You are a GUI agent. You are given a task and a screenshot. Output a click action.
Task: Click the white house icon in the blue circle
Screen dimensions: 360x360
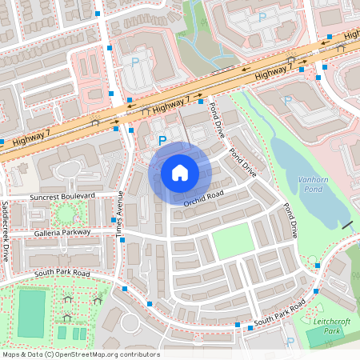coord(180,172)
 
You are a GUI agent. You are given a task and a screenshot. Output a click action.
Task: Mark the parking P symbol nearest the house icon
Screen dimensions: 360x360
coord(162,142)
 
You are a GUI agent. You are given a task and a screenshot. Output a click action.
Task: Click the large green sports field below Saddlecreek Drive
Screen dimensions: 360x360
coord(32,313)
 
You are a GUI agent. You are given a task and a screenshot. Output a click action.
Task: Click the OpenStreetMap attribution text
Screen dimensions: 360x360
coord(80,354)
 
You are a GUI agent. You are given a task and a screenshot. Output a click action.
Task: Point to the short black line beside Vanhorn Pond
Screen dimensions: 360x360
coord(347,226)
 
